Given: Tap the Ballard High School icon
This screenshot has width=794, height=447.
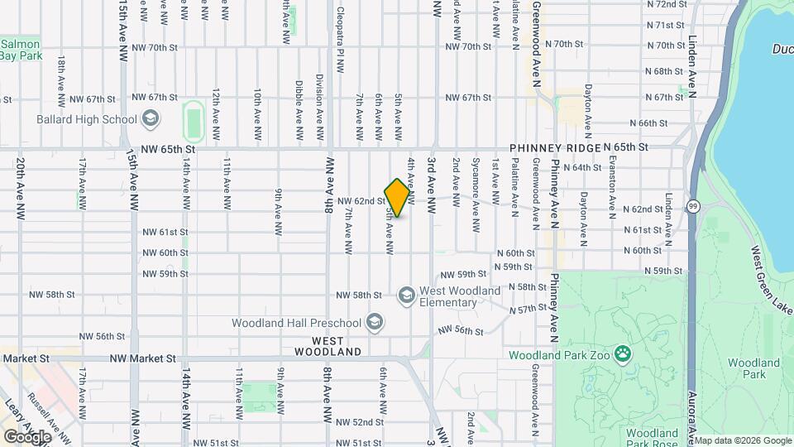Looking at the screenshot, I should click(x=150, y=119).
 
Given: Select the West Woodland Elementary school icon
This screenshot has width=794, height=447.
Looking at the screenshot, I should click(x=406, y=296).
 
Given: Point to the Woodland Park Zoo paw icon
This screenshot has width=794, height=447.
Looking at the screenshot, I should click(x=622, y=355).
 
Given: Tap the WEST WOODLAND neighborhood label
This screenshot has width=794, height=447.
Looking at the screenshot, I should click(x=337, y=346).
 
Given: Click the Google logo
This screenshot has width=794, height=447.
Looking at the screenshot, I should click(x=27, y=436).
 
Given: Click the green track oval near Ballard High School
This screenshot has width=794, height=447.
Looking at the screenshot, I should click(x=194, y=122).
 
